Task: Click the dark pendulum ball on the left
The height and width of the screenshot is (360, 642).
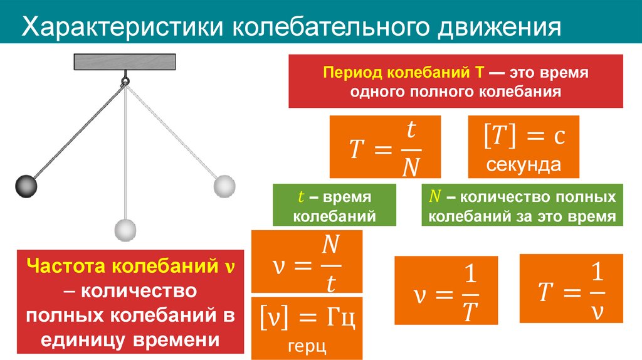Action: pos(26,186)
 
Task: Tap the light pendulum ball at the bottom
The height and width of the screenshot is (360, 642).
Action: pos(125,230)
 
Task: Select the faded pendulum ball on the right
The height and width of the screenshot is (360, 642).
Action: pos(224,186)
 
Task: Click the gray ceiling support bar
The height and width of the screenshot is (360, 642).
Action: pos(125,62)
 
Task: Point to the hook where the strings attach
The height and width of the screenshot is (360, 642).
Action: pos(125,80)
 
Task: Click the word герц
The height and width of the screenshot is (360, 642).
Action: pos(307,347)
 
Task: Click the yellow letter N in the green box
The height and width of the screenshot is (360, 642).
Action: pos(433,197)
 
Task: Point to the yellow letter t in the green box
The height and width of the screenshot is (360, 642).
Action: pos(300,197)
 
